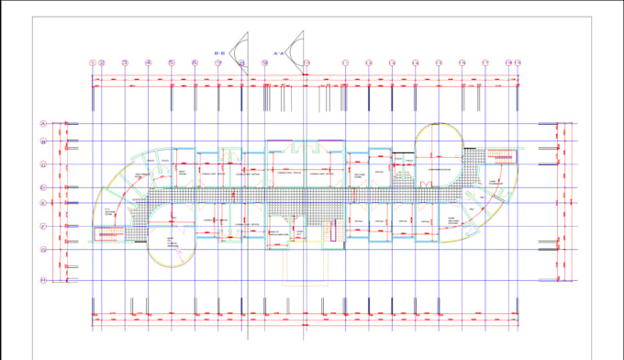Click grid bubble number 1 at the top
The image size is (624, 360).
point(93,62)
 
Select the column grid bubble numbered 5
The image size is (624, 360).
point(172,62)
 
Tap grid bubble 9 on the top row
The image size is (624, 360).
point(264,62)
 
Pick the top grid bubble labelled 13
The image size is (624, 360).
point(369,62)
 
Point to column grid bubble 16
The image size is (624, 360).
point(439,62)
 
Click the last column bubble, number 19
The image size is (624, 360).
point(518,62)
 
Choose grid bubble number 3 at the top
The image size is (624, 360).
point(124,62)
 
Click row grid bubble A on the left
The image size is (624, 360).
point(43,123)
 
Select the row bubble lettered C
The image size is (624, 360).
point(43,164)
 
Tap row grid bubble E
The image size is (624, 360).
point(43,202)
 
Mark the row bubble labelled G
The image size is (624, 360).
point(43,249)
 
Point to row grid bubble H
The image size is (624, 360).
point(43,279)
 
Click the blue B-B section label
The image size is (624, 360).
point(219,54)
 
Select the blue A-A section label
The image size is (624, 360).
point(280,54)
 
